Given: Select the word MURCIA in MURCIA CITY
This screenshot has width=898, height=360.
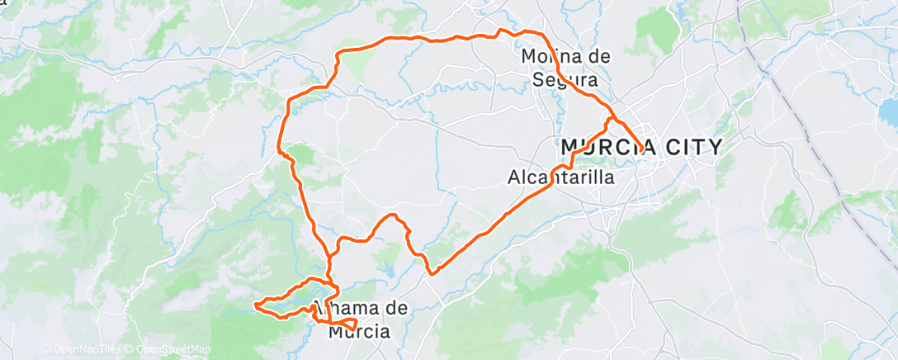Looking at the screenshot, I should pyautogui.click(x=608, y=148).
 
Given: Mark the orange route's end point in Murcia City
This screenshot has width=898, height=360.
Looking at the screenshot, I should pyautogui.click(x=642, y=149).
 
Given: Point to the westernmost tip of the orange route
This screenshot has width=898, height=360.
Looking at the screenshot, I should pyautogui.click(x=255, y=306).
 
